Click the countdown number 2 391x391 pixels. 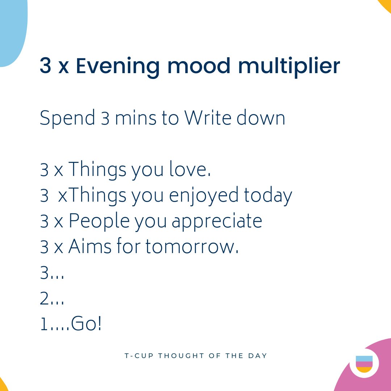[44, 299]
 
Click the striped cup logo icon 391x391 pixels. [364, 364]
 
